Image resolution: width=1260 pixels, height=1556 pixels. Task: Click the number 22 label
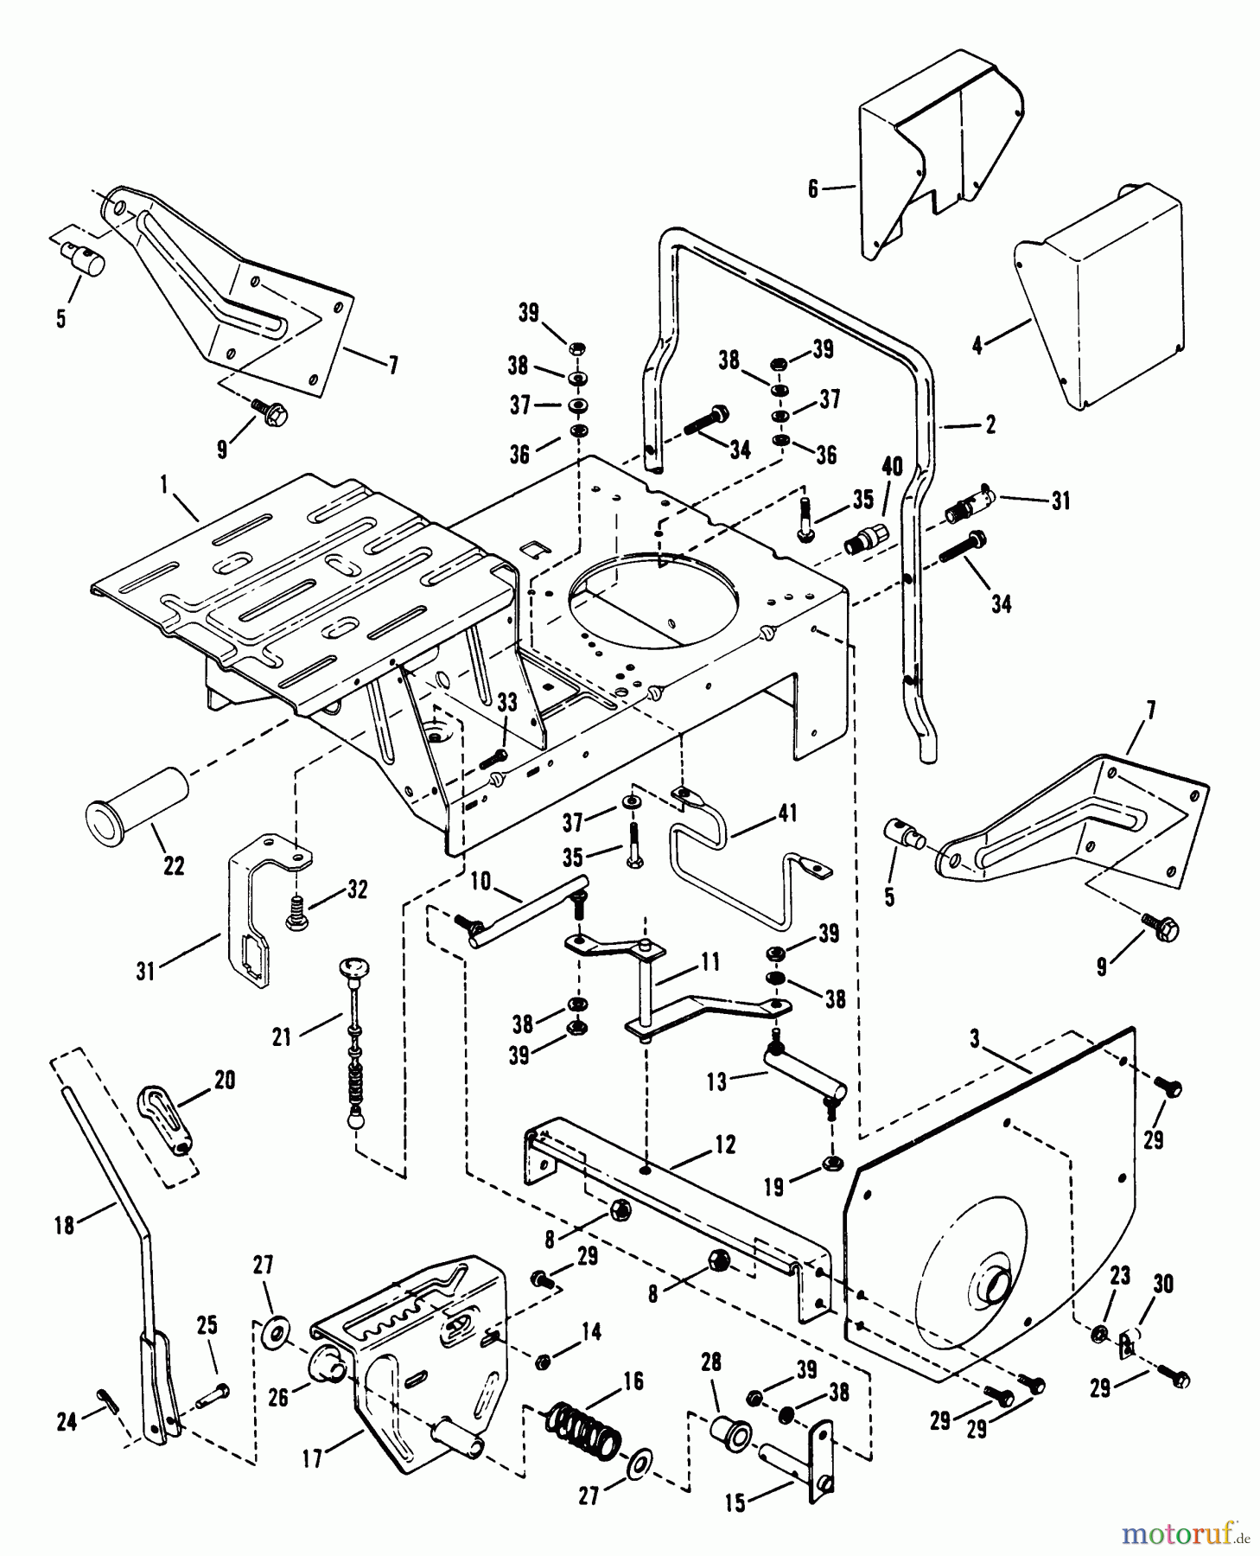tap(174, 865)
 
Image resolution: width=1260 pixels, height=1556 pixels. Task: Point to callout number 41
tap(787, 813)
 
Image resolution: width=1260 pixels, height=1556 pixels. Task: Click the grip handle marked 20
tap(166, 1121)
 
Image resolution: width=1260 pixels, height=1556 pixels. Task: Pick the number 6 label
tap(813, 188)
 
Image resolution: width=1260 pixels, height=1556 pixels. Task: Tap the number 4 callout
tap(977, 346)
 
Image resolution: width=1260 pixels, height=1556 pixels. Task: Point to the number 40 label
tap(891, 468)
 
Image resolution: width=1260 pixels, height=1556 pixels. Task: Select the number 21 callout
tap(283, 1036)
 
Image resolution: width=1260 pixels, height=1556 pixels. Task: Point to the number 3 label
tap(975, 1039)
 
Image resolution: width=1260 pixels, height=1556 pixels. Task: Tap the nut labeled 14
tap(544, 1362)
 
